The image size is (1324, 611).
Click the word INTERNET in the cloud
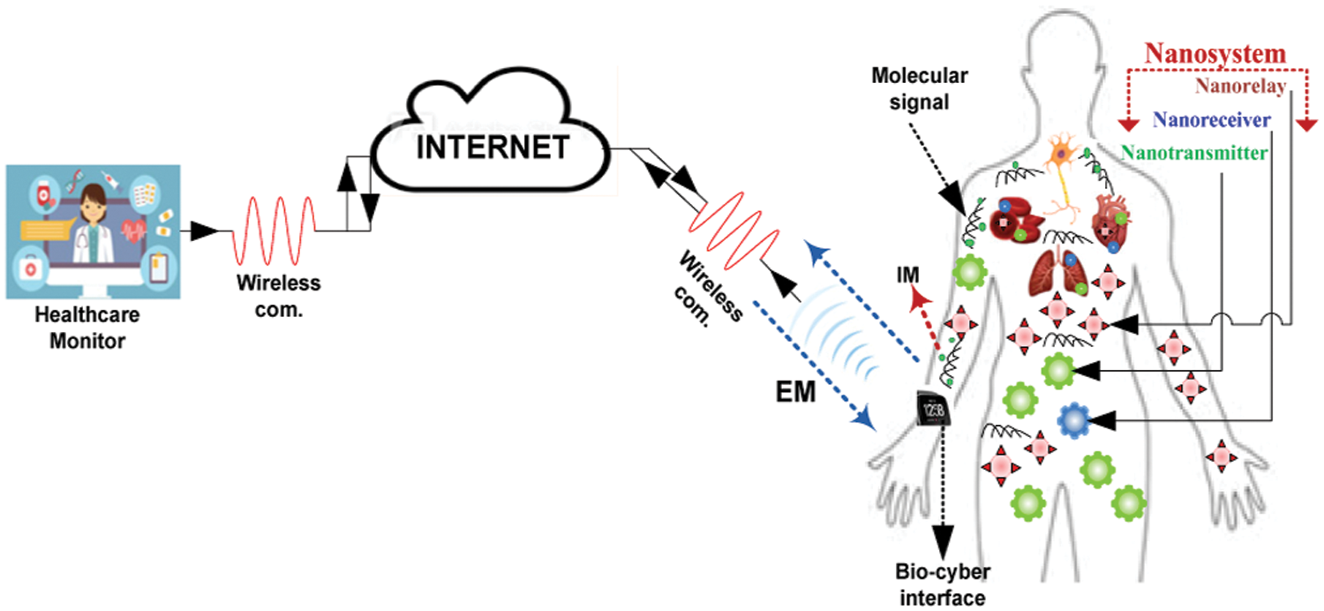click(x=493, y=147)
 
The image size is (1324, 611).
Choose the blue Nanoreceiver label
click(x=1212, y=119)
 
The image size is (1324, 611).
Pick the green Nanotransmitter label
click(x=1194, y=152)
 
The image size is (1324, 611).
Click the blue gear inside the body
click(x=1073, y=421)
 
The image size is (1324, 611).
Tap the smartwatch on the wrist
click(x=932, y=409)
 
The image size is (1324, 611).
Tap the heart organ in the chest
click(x=1109, y=221)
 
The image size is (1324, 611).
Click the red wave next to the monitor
click(x=274, y=230)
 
